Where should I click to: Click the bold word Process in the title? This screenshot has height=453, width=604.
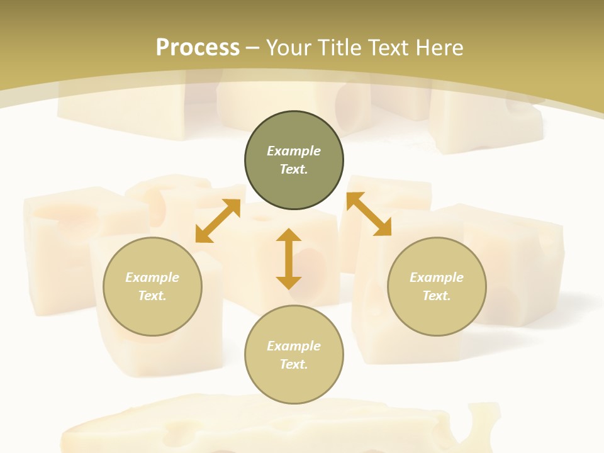coord(198,48)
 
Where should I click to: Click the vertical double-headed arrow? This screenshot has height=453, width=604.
coord(289,259)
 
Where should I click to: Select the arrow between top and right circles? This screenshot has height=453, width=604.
coord(369,214)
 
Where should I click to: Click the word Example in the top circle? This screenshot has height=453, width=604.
coord(294,151)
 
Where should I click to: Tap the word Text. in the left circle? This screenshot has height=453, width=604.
coord(152,296)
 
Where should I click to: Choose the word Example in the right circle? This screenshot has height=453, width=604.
coord(437,277)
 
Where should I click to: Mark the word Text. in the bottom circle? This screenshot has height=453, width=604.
coord(294,364)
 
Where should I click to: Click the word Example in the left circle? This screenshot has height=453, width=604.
coord(152,277)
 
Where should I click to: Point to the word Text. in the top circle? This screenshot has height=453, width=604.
coord(294,169)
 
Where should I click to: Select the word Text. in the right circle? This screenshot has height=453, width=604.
coord(437,296)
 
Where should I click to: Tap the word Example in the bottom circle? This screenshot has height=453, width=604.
coord(294,346)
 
